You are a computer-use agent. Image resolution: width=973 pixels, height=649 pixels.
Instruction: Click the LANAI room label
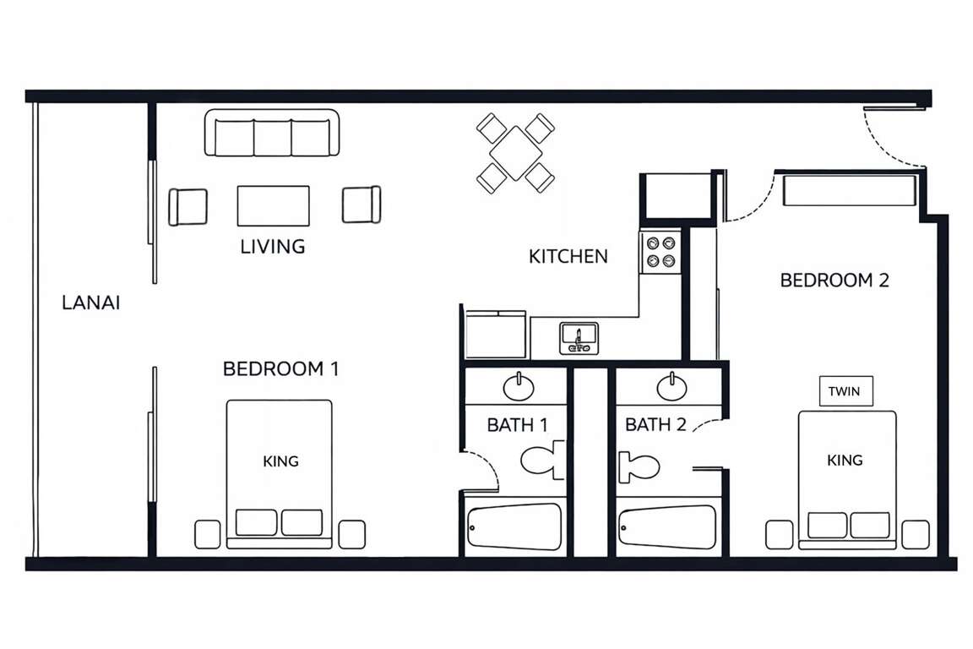click(90, 303)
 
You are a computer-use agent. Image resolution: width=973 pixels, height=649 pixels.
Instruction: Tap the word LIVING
click(273, 247)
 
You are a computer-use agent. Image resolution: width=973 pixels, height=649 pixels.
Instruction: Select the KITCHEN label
click(568, 257)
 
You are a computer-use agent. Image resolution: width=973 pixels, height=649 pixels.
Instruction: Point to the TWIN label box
click(845, 391)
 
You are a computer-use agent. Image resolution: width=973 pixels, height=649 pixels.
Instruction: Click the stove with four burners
click(660, 252)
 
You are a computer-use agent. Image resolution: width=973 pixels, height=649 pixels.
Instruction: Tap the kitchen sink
click(579, 339)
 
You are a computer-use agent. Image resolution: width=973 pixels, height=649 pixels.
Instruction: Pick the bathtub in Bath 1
click(514, 526)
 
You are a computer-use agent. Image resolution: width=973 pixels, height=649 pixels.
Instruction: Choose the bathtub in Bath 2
click(667, 527)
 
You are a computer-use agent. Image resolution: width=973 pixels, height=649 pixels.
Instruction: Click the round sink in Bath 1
click(518, 387)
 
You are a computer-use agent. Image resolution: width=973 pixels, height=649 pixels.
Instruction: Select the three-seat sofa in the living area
click(272, 133)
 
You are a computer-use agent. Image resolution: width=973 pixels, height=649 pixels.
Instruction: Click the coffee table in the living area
click(273, 205)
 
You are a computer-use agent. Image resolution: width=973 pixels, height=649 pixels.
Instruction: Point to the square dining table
click(516, 153)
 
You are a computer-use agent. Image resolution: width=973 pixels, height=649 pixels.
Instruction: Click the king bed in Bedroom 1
click(280, 474)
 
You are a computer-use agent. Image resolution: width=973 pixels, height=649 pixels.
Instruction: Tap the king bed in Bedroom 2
click(847, 480)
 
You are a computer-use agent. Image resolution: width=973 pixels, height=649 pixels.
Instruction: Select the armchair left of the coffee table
click(188, 207)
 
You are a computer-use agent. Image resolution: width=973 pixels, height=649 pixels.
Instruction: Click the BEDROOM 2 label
click(834, 281)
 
